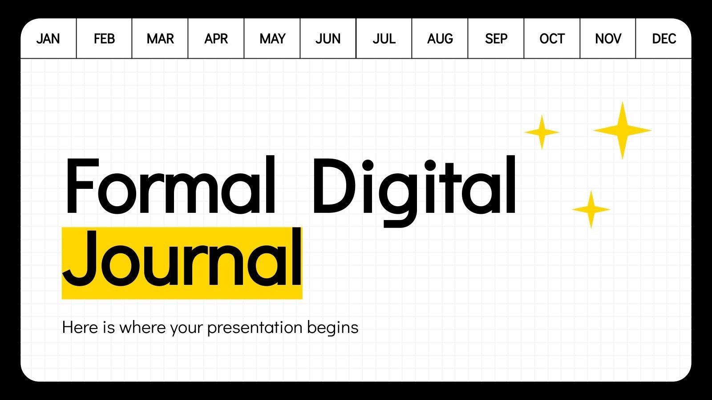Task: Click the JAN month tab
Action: (48, 39)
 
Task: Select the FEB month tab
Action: (104, 39)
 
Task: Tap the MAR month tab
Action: (160, 39)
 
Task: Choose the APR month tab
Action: (216, 39)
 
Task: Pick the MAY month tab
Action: (272, 39)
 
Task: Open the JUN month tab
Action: (328, 39)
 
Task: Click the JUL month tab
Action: (384, 39)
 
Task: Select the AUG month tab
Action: (440, 39)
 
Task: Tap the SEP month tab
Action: (496, 39)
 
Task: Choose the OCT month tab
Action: (552, 39)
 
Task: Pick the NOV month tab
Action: (608, 39)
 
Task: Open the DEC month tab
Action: (664, 39)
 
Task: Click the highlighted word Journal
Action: (182, 260)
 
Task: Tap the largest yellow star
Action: (622, 130)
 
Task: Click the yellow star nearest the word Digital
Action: (542, 132)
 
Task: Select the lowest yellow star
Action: (591, 209)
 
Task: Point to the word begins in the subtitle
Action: (332, 328)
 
